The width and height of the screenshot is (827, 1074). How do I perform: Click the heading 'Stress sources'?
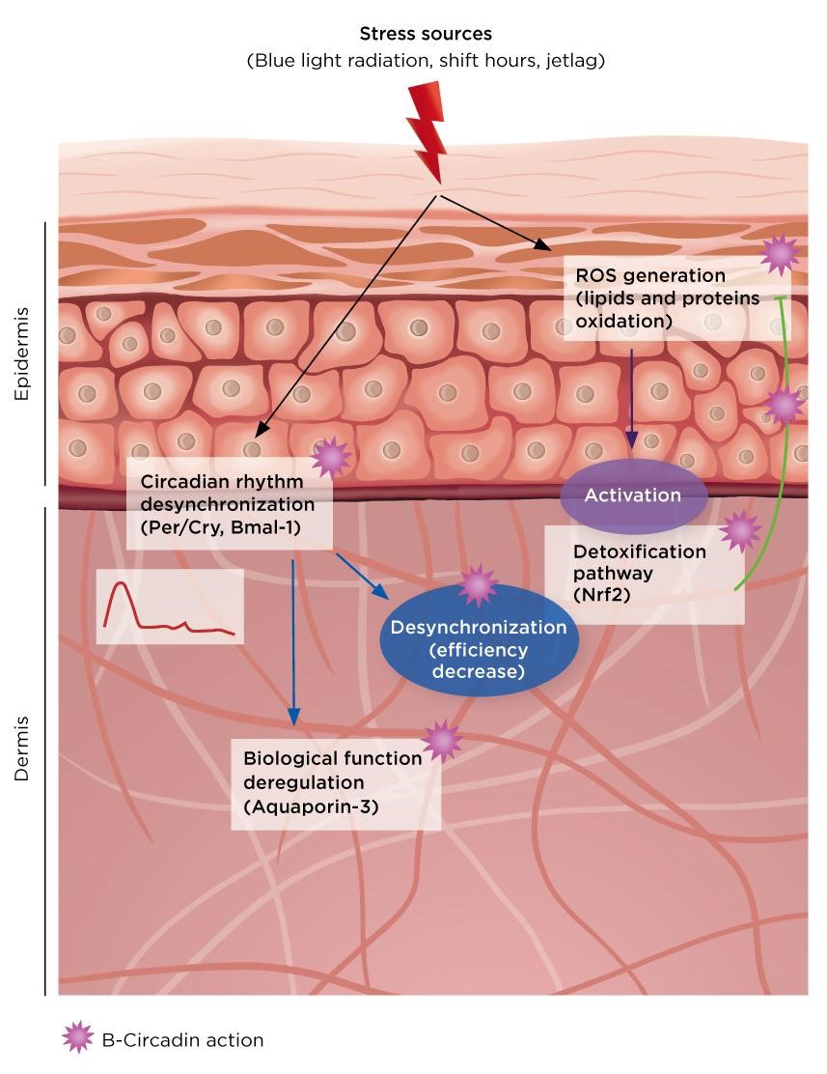tap(426, 35)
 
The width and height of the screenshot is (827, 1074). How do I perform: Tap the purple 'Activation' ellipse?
tap(633, 495)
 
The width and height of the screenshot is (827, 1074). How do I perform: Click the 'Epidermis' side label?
tap(22, 353)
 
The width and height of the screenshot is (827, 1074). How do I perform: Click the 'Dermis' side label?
tap(22, 749)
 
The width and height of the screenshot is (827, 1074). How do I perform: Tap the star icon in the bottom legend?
tap(78, 1039)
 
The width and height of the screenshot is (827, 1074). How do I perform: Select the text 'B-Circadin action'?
tap(181, 1040)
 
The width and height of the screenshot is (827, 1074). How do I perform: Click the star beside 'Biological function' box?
tap(442, 741)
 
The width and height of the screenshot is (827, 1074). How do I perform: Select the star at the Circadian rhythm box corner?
tap(331, 458)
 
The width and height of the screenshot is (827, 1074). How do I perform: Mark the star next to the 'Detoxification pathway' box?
tap(740, 530)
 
